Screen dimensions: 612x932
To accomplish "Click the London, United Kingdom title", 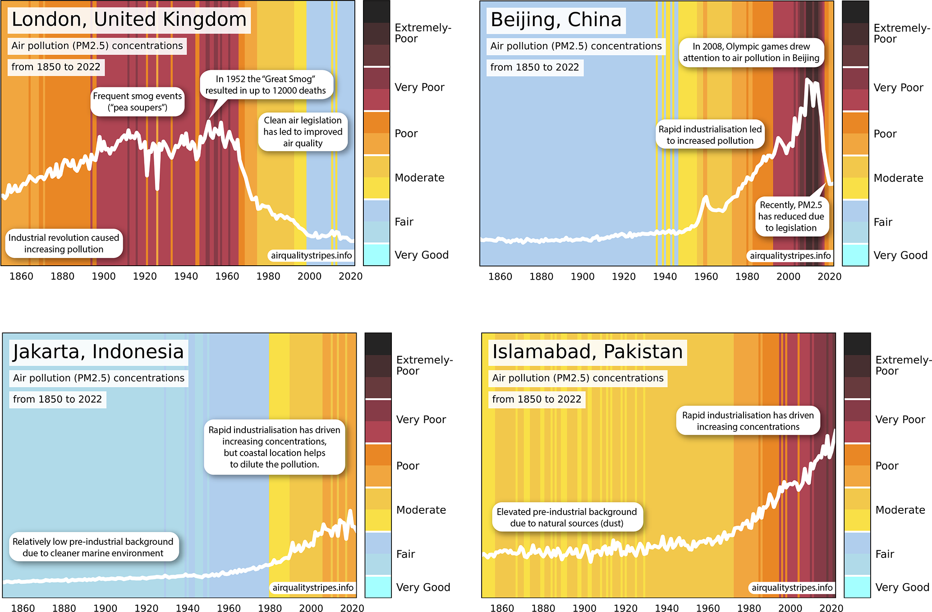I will pyautogui.click(x=129, y=20).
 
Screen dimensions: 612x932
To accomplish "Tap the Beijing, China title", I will pyautogui.click(x=556, y=20).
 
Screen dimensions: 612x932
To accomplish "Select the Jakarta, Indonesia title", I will pyautogui.click(x=98, y=352).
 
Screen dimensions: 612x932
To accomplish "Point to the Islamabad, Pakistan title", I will pyautogui.click(x=587, y=352).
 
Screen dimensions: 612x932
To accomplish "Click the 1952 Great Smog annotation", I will pyautogui.click(x=266, y=85).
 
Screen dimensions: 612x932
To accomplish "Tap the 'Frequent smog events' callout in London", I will pyautogui.click(x=138, y=101).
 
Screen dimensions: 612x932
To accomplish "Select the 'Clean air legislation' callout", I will pyautogui.click(x=303, y=132).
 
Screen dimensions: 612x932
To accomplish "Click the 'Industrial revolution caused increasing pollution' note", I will pyautogui.click(x=64, y=244).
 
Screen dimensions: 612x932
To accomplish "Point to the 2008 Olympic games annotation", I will pyautogui.click(x=751, y=52).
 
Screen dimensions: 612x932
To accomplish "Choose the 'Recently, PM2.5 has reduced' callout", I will pyautogui.click(x=791, y=216).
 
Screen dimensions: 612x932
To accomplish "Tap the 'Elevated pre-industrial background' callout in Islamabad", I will pyautogui.click(x=567, y=517).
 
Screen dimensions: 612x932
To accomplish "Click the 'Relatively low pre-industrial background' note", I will pyautogui.click(x=93, y=547).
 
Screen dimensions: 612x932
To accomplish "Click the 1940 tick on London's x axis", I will pyautogui.click(x=186, y=276).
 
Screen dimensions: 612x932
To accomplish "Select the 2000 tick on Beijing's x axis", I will pyautogui.click(x=788, y=276).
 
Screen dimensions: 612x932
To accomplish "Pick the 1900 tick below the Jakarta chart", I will pyautogui.click(x=105, y=608).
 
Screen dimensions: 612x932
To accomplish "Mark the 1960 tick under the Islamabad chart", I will pyautogui.click(x=708, y=608).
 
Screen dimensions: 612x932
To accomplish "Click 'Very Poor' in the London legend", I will pyautogui.click(x=419, y=87).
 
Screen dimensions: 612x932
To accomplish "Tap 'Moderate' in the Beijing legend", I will pyautogui.click(x=898, y=178).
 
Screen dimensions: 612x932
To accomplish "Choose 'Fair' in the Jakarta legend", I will pyautogui.click(x=405, y=554).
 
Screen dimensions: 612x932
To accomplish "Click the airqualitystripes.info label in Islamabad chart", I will pyautogui.click(x=792, y=588).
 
